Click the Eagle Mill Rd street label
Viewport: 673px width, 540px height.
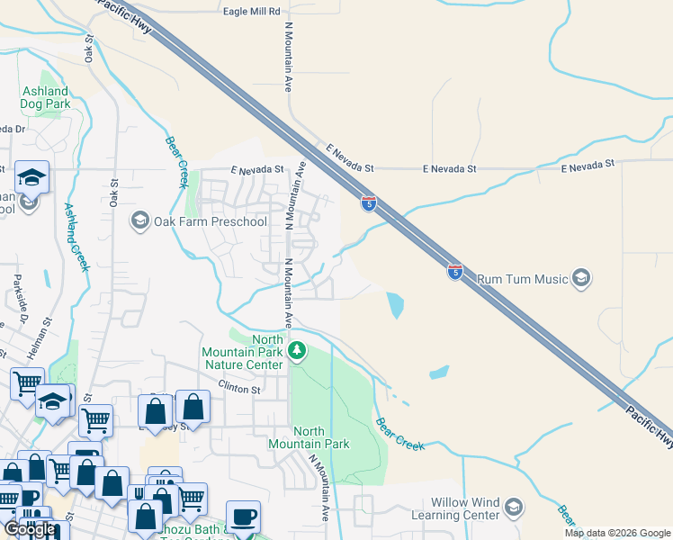(x=252, y=11)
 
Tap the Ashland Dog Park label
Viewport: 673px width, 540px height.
(x=44, y=97)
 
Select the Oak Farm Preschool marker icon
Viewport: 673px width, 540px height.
(x=139, y=220)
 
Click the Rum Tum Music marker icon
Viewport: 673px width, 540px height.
(x=581, y=278)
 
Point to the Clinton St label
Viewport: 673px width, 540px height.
(x=238, y=390)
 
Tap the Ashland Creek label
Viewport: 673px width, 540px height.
(x=76, y=236)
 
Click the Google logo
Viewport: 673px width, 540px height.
(x=30, y=529)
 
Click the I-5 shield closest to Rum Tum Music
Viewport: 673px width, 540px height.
(x=455, y=271)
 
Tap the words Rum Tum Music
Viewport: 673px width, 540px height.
(x=522, y=279)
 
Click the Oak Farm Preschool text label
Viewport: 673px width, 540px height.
(x=210, y=221)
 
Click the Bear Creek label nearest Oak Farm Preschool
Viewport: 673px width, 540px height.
(x=175, y=162)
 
